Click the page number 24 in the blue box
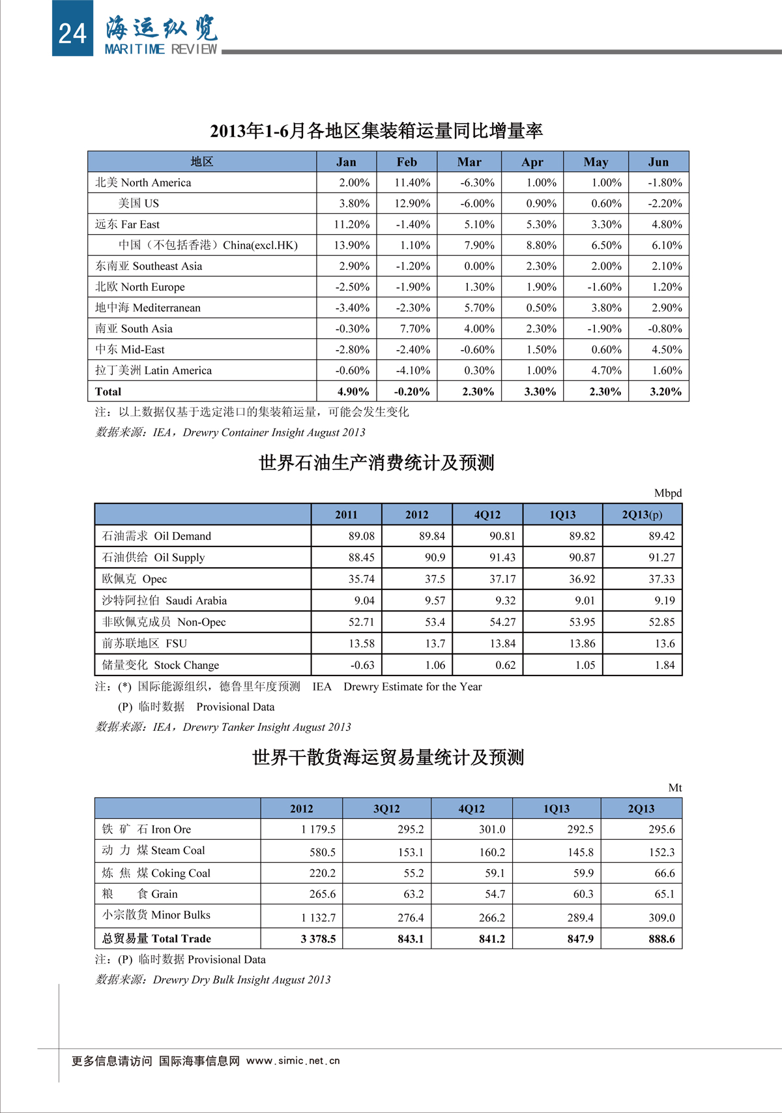(72, 33)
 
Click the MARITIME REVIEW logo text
(161, 49)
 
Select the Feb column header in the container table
(407, 162)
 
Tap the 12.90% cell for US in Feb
(412, 203)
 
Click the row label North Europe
(140, 287)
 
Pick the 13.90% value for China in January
(352, 245)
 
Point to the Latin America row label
(154, 370)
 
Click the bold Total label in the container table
(108, 391)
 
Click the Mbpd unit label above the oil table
(667, 493)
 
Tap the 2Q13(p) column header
(642, 514)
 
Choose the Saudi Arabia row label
(165, 601)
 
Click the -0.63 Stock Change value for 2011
(362, 665)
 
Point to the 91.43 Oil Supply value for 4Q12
(502, 557)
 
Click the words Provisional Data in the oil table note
(235, 707)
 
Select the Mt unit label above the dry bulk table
(674, 788)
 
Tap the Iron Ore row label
(147, 829)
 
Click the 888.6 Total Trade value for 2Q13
(661, 939)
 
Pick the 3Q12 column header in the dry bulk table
(386, 809)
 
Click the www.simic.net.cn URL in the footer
(293, 1061)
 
